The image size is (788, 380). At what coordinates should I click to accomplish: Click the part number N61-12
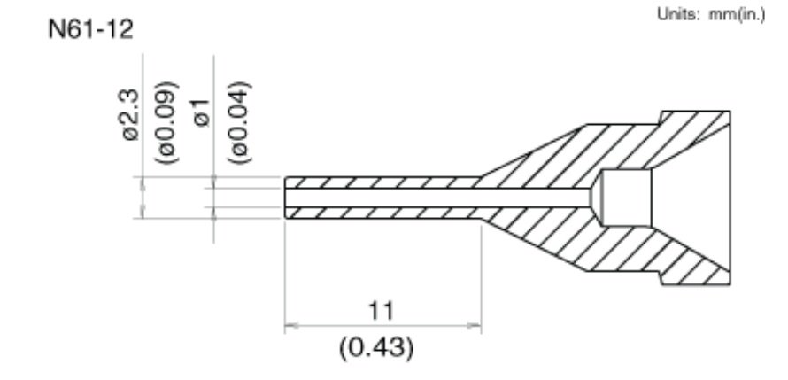click(x=91, y=29)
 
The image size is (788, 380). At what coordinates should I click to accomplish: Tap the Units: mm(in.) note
click(x=711, y=14)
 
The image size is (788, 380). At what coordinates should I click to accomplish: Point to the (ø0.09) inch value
click(x=166, y=122)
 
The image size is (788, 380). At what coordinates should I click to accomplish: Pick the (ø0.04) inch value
click(x=239, y=122)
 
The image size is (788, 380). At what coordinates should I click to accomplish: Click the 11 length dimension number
click(x=382, y=312)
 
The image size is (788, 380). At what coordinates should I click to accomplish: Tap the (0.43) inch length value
click(x=377, y=348)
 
